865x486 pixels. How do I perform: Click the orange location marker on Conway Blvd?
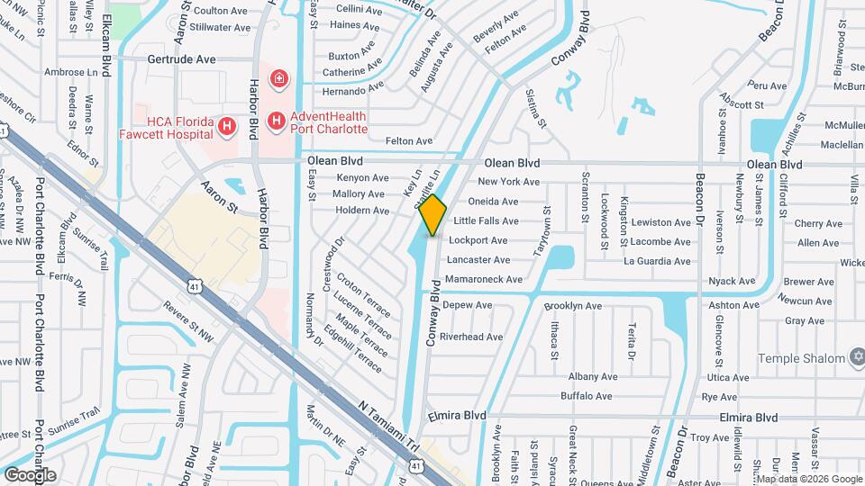pyautogui.click(x=433, y=214)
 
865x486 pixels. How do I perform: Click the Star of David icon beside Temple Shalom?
pyautogui.click(x=856, y=358)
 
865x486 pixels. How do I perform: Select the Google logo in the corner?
pyautogui.click(x=29, y=474)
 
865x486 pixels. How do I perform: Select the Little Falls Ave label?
pyautogui.click(x=486, y=221)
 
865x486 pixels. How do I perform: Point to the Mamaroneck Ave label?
pyautogui.click(x=484, y=280)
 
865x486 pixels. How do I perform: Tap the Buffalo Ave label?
pyautogui.click(x=587, y=396)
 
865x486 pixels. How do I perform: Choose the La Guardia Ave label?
pyautogui.click(x=657, y=261)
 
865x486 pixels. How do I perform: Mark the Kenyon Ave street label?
pyautogui.click(x=360, y=178)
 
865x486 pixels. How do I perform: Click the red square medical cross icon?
pyautogui.click(x=279, y=79)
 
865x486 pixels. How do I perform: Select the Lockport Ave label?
pyautogui.click(x=478, y=241)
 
